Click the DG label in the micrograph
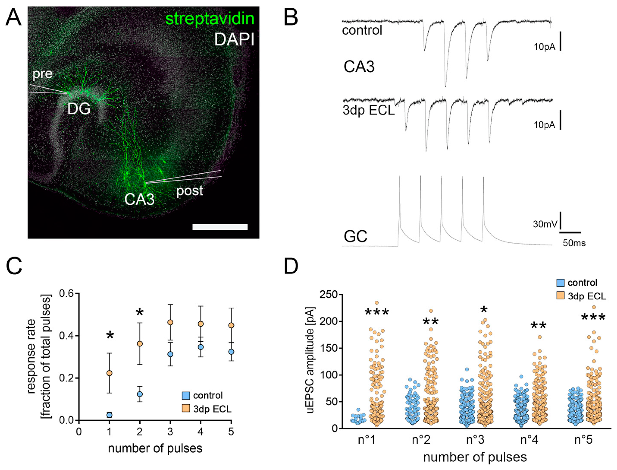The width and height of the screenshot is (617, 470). coord(79,108)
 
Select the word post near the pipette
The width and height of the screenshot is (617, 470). coord(189,191)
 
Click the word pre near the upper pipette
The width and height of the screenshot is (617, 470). coord(42,74)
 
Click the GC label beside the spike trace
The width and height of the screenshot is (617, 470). coord(355,236)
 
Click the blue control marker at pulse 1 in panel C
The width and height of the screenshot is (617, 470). coord(109,415)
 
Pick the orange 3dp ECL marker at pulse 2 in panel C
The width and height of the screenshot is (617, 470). coord(140,344)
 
